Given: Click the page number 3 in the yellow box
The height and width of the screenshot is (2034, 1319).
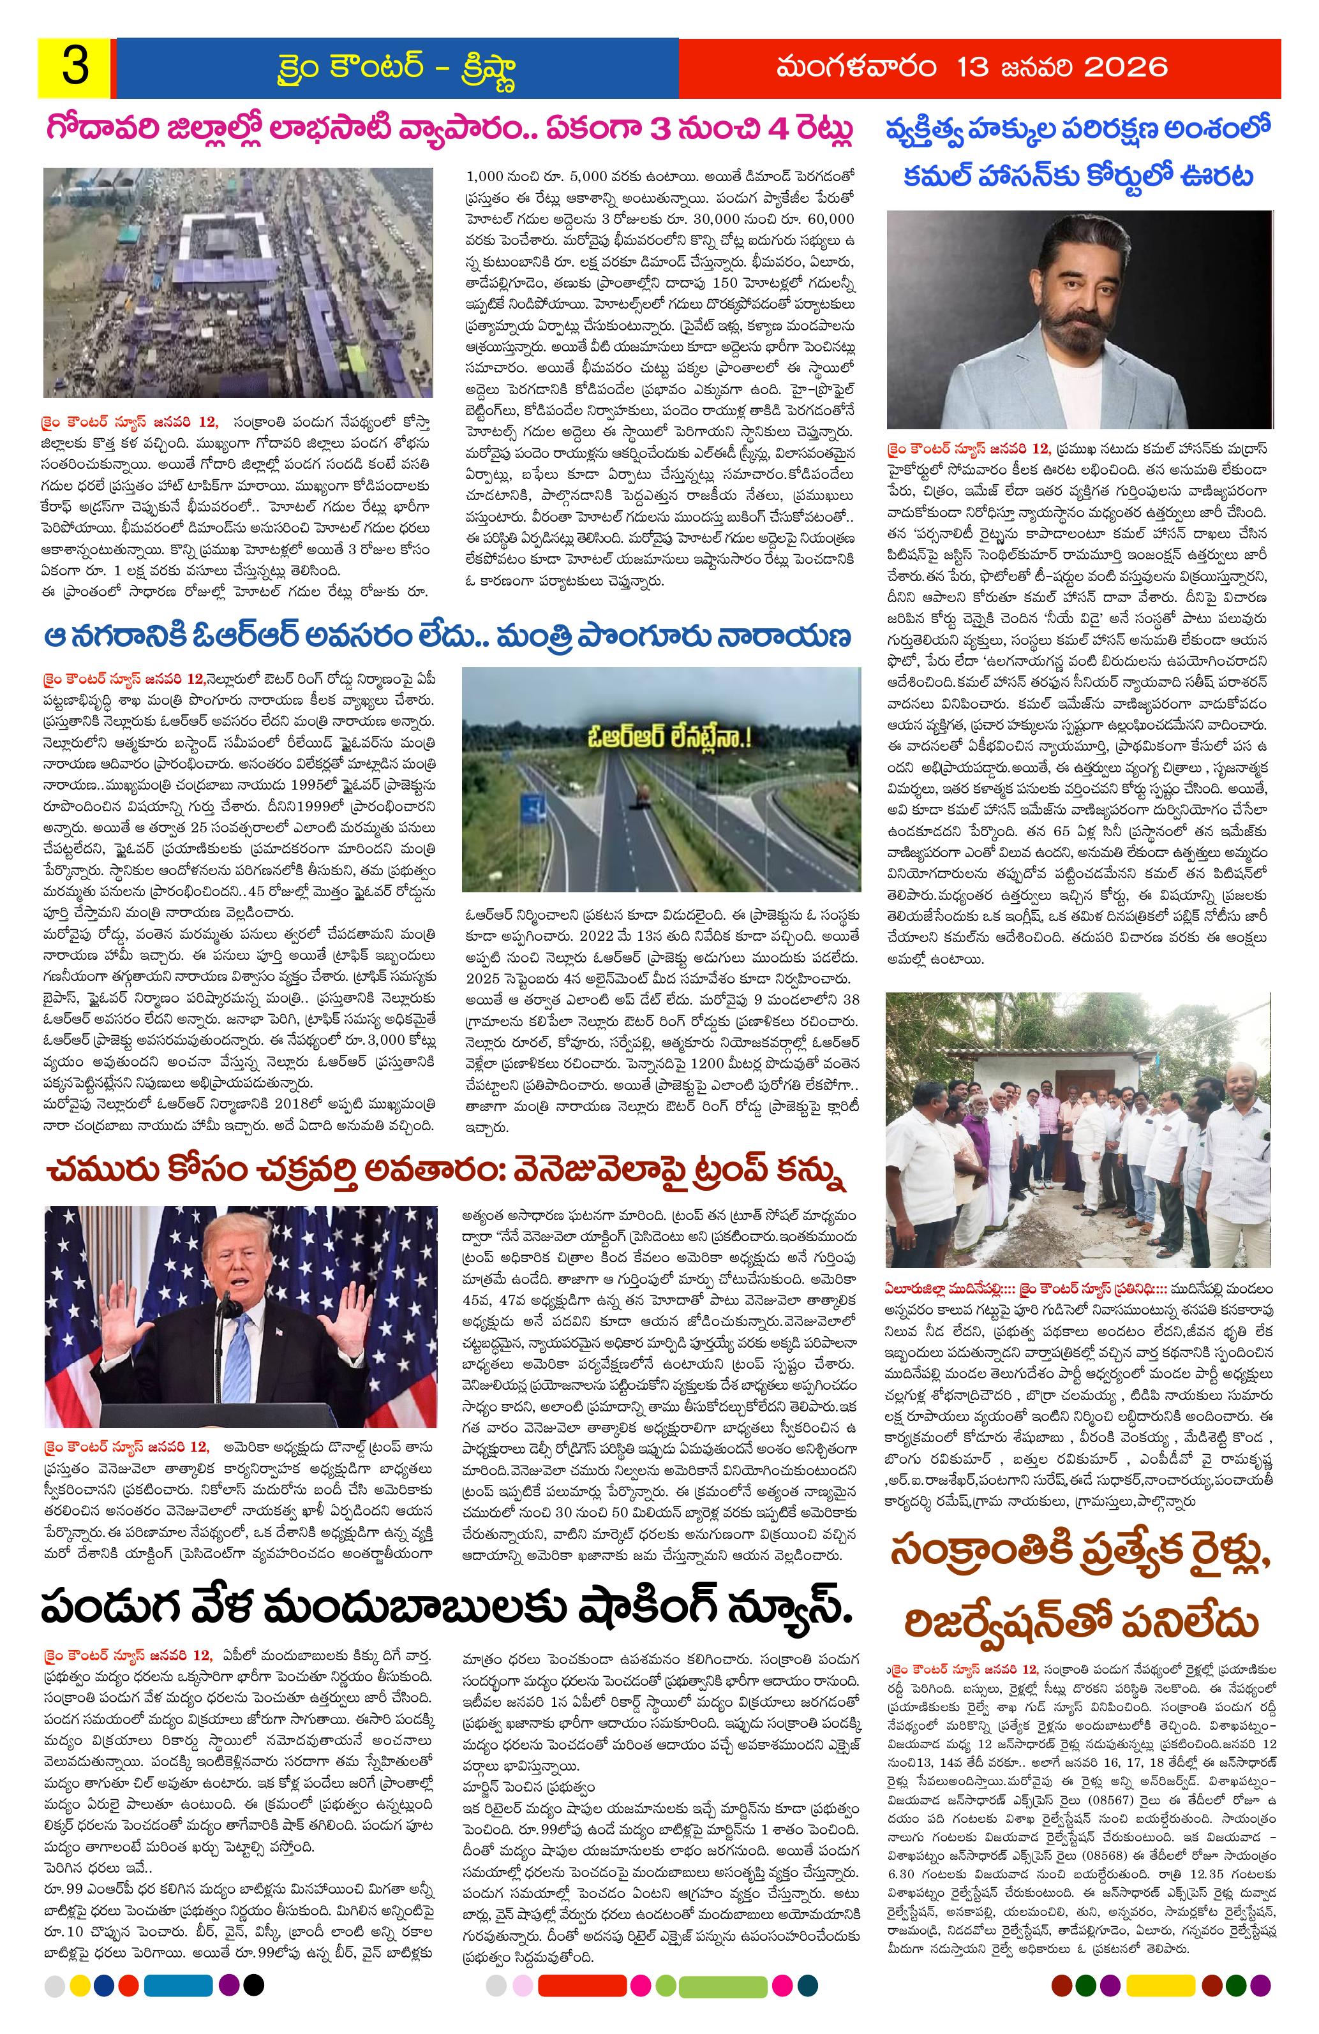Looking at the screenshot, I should [x=75, y=68].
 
